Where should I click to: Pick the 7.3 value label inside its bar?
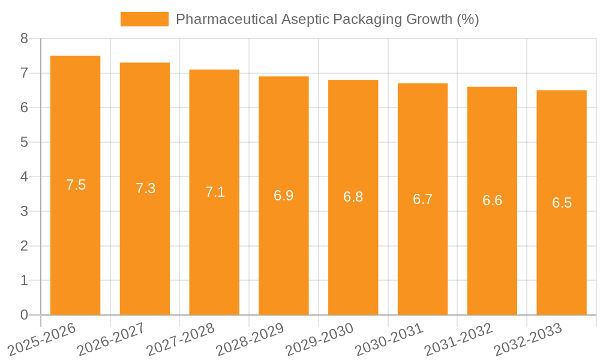(145, 188)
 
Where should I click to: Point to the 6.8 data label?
(353, 197)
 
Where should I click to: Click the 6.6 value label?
(492, 200)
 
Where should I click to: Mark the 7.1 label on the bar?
(215, 192)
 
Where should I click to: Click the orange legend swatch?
(145, 19)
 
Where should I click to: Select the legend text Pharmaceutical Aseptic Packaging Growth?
(327, 19)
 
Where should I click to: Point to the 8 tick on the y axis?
(24, 39)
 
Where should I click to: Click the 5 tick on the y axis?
(24, 142)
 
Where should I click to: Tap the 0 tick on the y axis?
(24, 315)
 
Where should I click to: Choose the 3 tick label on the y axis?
(24, 211)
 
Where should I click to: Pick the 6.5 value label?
(562, 203)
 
